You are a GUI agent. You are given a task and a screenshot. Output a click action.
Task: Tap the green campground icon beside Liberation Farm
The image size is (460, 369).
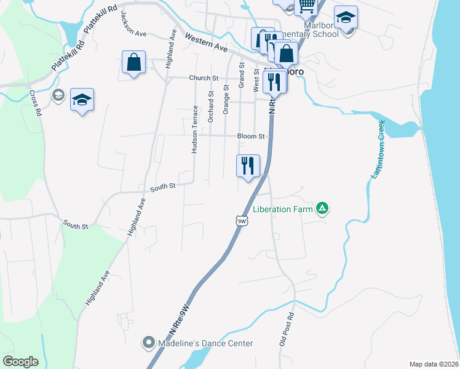[322, 209]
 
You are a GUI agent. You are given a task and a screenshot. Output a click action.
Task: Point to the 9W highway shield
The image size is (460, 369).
[242, 220]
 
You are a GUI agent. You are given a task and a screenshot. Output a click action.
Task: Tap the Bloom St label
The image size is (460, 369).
[251, 136]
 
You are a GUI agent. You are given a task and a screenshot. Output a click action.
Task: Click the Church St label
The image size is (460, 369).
[204, 78]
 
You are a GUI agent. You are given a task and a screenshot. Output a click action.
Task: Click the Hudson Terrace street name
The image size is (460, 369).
[195, 129]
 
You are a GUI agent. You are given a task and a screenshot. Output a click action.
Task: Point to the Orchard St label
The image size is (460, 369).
[210, 107]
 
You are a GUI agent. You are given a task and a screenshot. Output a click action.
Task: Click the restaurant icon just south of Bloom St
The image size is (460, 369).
[248, 165]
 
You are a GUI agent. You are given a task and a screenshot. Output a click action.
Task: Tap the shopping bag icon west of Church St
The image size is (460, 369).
[133, 62]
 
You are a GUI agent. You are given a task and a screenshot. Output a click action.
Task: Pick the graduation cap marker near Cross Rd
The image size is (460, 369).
[81, 100]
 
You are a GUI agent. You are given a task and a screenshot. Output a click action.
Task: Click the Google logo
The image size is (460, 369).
[20, 362]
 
